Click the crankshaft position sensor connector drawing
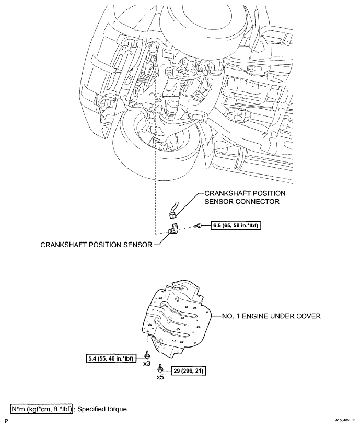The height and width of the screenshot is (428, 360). pos(172,212)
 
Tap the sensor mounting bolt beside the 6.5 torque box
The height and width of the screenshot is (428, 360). pos(198,226)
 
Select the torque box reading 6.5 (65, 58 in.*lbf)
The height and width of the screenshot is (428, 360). pos(236,226)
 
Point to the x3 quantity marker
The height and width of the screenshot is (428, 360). pos(147,364)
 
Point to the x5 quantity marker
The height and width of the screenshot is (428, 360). pos(160,378)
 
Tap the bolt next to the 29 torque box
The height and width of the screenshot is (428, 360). pos(160,369)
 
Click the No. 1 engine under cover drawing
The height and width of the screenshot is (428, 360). pos(178,319)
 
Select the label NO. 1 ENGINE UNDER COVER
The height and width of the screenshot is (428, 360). pos(271,316)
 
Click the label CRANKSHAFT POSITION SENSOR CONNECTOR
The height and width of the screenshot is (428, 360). pos(245,198)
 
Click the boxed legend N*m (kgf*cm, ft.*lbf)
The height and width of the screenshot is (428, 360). pos(42,409)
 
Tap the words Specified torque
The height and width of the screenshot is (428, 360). pos(102,409)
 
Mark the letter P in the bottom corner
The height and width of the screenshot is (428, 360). pos(6,422)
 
